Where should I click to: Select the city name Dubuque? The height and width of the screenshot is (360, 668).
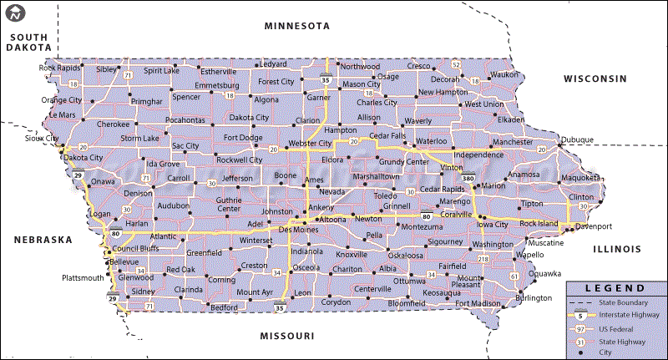tap(577, 139)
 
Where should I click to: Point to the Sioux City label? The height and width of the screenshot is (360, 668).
tap(42, 138)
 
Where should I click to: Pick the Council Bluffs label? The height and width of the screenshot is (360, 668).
tap(135, 248)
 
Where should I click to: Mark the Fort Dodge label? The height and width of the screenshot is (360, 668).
tap(243, 137)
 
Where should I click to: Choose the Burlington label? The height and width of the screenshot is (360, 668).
tap(534, 298)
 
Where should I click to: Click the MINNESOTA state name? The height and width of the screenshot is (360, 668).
tap(296, 26)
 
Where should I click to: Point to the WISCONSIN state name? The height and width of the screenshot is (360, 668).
tap(595, 79)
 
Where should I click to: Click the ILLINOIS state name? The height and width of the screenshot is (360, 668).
tap(616, 249)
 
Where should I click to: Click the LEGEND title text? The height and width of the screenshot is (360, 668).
tap(616, 287)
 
